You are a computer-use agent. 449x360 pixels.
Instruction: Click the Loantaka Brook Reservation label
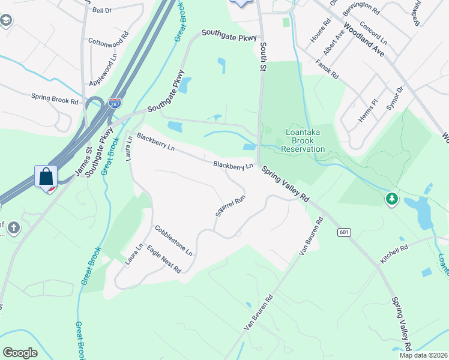tap(304, 140)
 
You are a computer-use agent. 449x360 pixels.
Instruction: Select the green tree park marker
tap(391, 198)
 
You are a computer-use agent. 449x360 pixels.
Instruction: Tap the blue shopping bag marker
tap(46, 177)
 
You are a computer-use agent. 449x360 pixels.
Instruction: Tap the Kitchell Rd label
tap(394, 254)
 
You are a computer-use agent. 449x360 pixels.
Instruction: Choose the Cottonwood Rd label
tap(109, 36)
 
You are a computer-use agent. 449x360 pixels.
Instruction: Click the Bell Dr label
tap(103, 10)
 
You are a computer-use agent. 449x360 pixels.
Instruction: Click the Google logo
tap(20, 352)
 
